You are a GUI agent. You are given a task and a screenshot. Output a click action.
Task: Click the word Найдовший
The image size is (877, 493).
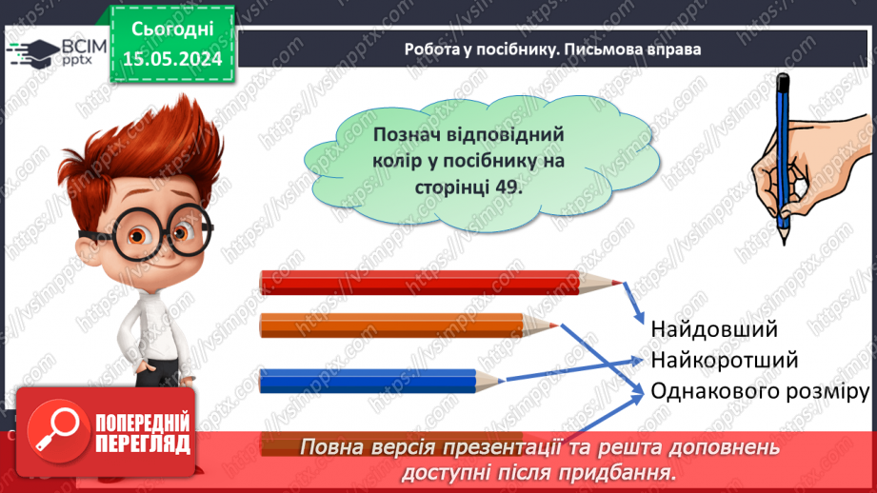[x=714, y=329]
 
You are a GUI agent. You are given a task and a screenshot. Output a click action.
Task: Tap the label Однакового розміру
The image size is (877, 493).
[x=760, y=392]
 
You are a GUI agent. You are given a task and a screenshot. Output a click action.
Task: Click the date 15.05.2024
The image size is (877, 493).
[x=171, y=59]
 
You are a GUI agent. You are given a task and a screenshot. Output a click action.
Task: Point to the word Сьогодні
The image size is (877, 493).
[x=171, y=29]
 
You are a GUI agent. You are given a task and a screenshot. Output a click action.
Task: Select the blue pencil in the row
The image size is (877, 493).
[x=371, y=382]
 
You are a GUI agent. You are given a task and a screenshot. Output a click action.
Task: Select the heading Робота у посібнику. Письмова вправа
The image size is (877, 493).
[x=552, y=49]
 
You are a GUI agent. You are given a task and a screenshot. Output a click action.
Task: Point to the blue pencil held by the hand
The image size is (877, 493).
[x=784, y=143]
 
